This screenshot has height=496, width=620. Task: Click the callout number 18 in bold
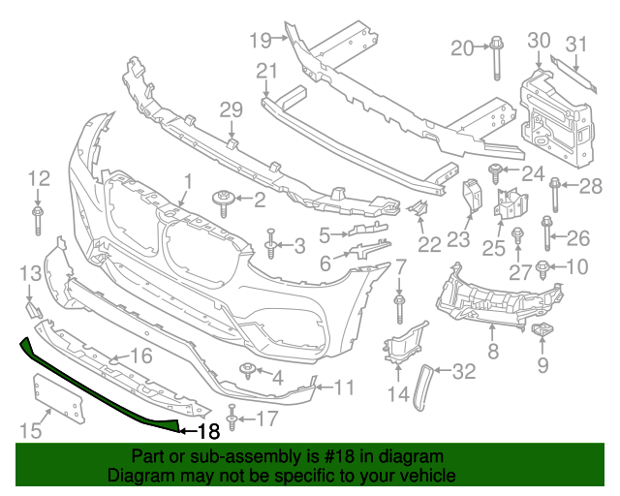[209, 432]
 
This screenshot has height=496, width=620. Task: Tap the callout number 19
[260, 40]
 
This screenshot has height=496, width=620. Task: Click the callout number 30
[539, 40]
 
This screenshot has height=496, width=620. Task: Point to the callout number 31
[576, 44]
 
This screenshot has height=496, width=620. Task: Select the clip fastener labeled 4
[248, 370]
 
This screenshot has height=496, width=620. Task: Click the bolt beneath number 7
[399, 307]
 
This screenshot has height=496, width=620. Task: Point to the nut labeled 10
[543, 266]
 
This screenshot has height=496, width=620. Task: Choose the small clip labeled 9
[542, 333]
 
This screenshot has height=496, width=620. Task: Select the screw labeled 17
[232, 418]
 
